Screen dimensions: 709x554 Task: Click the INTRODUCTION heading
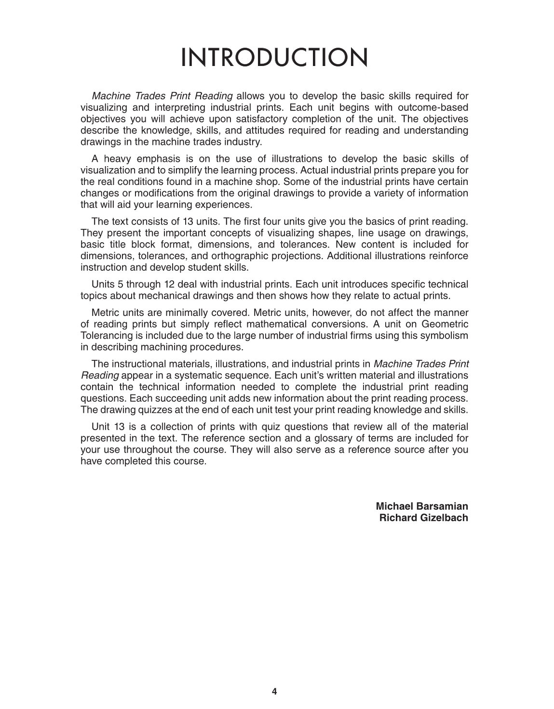[274, 58]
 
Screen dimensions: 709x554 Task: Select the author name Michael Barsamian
[421, 506]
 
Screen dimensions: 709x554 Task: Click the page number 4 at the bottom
[274, 692]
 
